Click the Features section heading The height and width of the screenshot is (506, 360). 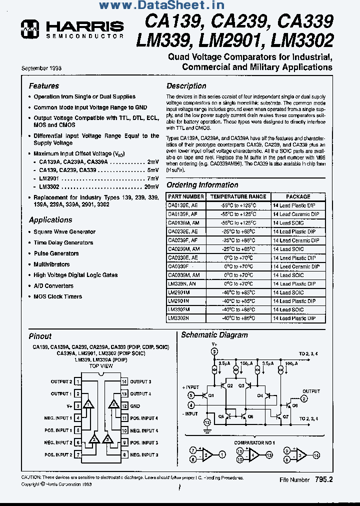click(x=43, y=86)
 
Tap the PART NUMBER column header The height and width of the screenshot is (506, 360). click(x=185, y=197)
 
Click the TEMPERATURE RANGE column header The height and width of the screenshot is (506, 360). click(x=238, y=197)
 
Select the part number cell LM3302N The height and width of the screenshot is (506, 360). click(x=178, y=318)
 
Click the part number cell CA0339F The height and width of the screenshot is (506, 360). click(x=178, y=266)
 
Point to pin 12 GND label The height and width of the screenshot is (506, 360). click(x=135, y=406)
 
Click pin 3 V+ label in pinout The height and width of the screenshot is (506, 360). click(x=69, y=406)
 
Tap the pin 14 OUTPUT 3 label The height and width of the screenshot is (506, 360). click(x=140, y=381)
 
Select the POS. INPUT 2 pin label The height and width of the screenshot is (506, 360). click(x=58, y=455)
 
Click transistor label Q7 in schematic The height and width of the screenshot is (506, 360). click(x=285, y=416)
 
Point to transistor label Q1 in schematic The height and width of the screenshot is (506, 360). click(x=210, y=395)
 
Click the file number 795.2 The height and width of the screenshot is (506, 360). click(x=323, y=479)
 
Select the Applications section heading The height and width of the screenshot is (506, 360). click(x=50, y=220)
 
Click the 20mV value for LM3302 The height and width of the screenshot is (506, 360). click(x=151, y=186)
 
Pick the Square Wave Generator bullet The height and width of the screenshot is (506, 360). click(x=64, y=232)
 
